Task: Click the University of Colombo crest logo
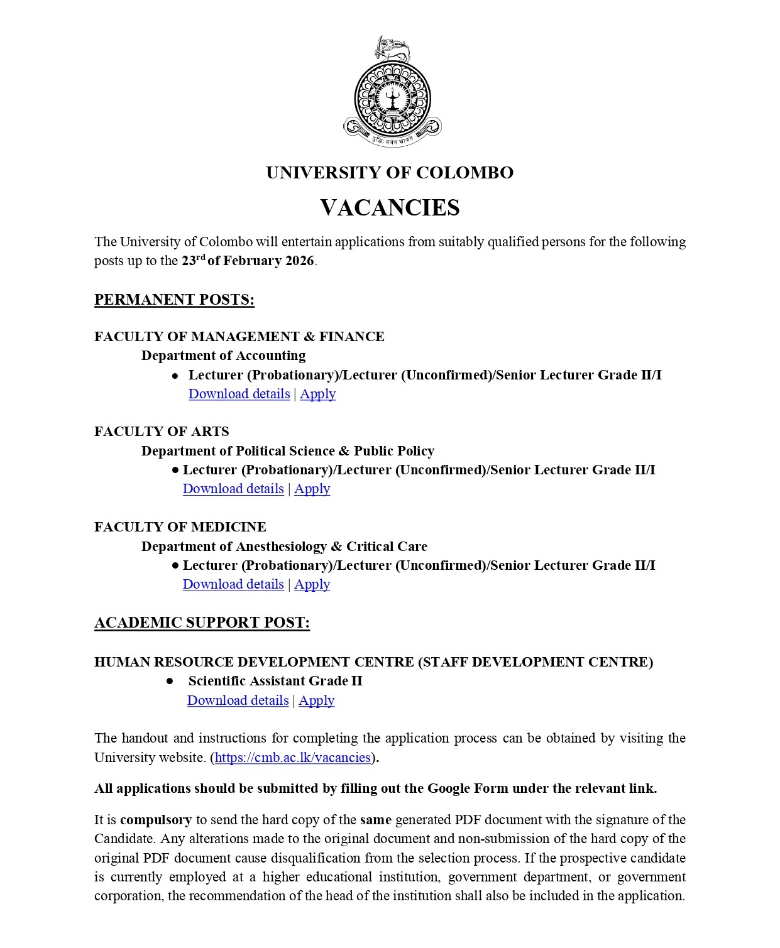click(x=392, y=94)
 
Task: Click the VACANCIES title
click(x=390, y=207)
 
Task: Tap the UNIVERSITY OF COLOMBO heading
click(x=390, y=173)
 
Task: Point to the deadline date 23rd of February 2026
click(x=248, y=261)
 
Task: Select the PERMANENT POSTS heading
click(x=174, y=300)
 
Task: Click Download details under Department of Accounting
click(x=239, y=394)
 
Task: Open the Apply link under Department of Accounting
click(x=317, y=394)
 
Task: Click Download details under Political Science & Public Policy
click(x=233, y=489)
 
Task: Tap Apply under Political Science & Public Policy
click(x=312, y=489)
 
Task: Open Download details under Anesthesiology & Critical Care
click(x=233, y=584)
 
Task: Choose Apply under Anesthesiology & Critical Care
click(x=312, y=584)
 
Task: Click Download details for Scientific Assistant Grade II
click(x=238, y=700)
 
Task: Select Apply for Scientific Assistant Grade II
click(x=316, y=700)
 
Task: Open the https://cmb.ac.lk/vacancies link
click(x=293, y=758)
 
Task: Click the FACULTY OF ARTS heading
click(x=162, y=432)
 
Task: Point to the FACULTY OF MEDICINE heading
click(x=180, y=527)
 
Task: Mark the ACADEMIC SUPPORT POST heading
click(x=202, y=623)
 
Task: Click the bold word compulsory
click(x=156, y=820)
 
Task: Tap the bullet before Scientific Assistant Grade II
click(x=170, y=682)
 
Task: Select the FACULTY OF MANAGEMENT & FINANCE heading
click(x=239, y=337)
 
